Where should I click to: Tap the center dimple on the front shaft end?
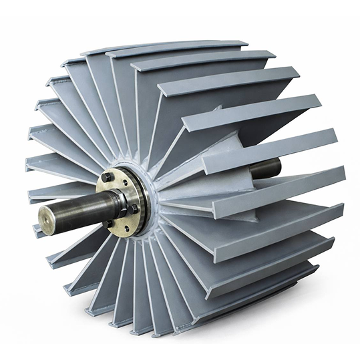point(48,219)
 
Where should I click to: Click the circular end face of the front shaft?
point(49,219)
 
